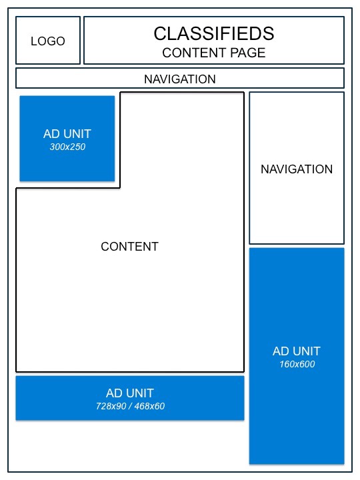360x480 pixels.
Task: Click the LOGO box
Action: [x=48, y=40]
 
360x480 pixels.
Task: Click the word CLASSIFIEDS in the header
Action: [x=213, y=33]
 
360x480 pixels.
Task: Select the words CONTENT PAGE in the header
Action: [x=213, y=53]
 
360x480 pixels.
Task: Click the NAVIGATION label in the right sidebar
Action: [x=297, y=169]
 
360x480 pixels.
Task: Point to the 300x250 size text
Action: [x=67, y=147]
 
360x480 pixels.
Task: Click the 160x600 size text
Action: [x=297, y=365]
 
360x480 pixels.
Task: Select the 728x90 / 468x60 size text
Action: [x=130, y=406]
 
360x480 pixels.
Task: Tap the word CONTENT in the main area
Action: [x=129, y=247]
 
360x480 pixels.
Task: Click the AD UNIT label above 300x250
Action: [x=67, y=134]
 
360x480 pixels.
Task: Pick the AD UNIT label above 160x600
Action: [x=297, y=351]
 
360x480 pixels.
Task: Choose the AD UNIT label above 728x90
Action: [x=130, y=393]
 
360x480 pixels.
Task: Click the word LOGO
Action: [x=48, y=41]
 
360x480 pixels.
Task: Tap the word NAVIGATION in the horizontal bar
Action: [x=180, y=79]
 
